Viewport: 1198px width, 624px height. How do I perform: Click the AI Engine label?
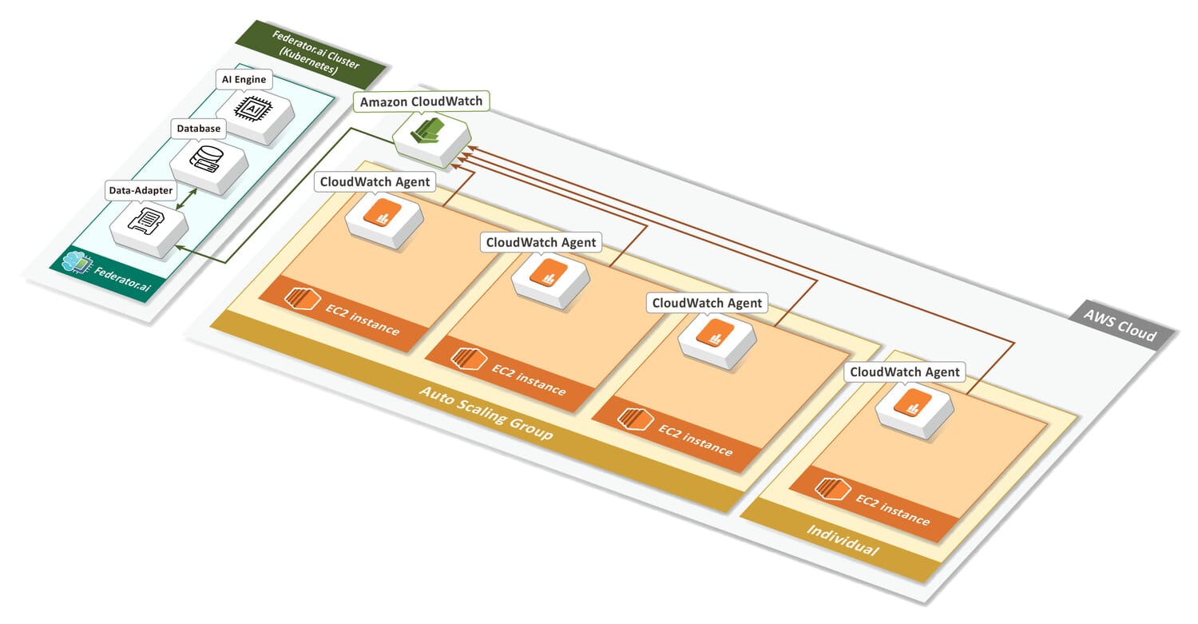[244, 79]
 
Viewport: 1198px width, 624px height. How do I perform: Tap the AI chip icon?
[253, 108]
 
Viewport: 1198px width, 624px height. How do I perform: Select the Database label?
[198, 129]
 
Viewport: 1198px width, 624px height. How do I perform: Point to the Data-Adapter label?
[141, 190]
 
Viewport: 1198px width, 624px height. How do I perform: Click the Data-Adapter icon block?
[149, 230]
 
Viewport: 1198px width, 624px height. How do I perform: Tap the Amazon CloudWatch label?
[421, 101]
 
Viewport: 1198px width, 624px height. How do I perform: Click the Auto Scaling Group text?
[486, 413]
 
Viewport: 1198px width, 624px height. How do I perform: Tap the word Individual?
[843, 541]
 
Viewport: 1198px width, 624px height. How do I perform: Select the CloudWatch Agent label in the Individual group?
[904, 372]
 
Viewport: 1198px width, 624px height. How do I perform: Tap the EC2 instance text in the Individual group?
[893, 510]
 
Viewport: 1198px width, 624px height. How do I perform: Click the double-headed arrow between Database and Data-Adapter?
[186, 199]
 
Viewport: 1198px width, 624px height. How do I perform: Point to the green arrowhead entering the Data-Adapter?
[180, 247]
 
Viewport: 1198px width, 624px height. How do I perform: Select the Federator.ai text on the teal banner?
[122, 279]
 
